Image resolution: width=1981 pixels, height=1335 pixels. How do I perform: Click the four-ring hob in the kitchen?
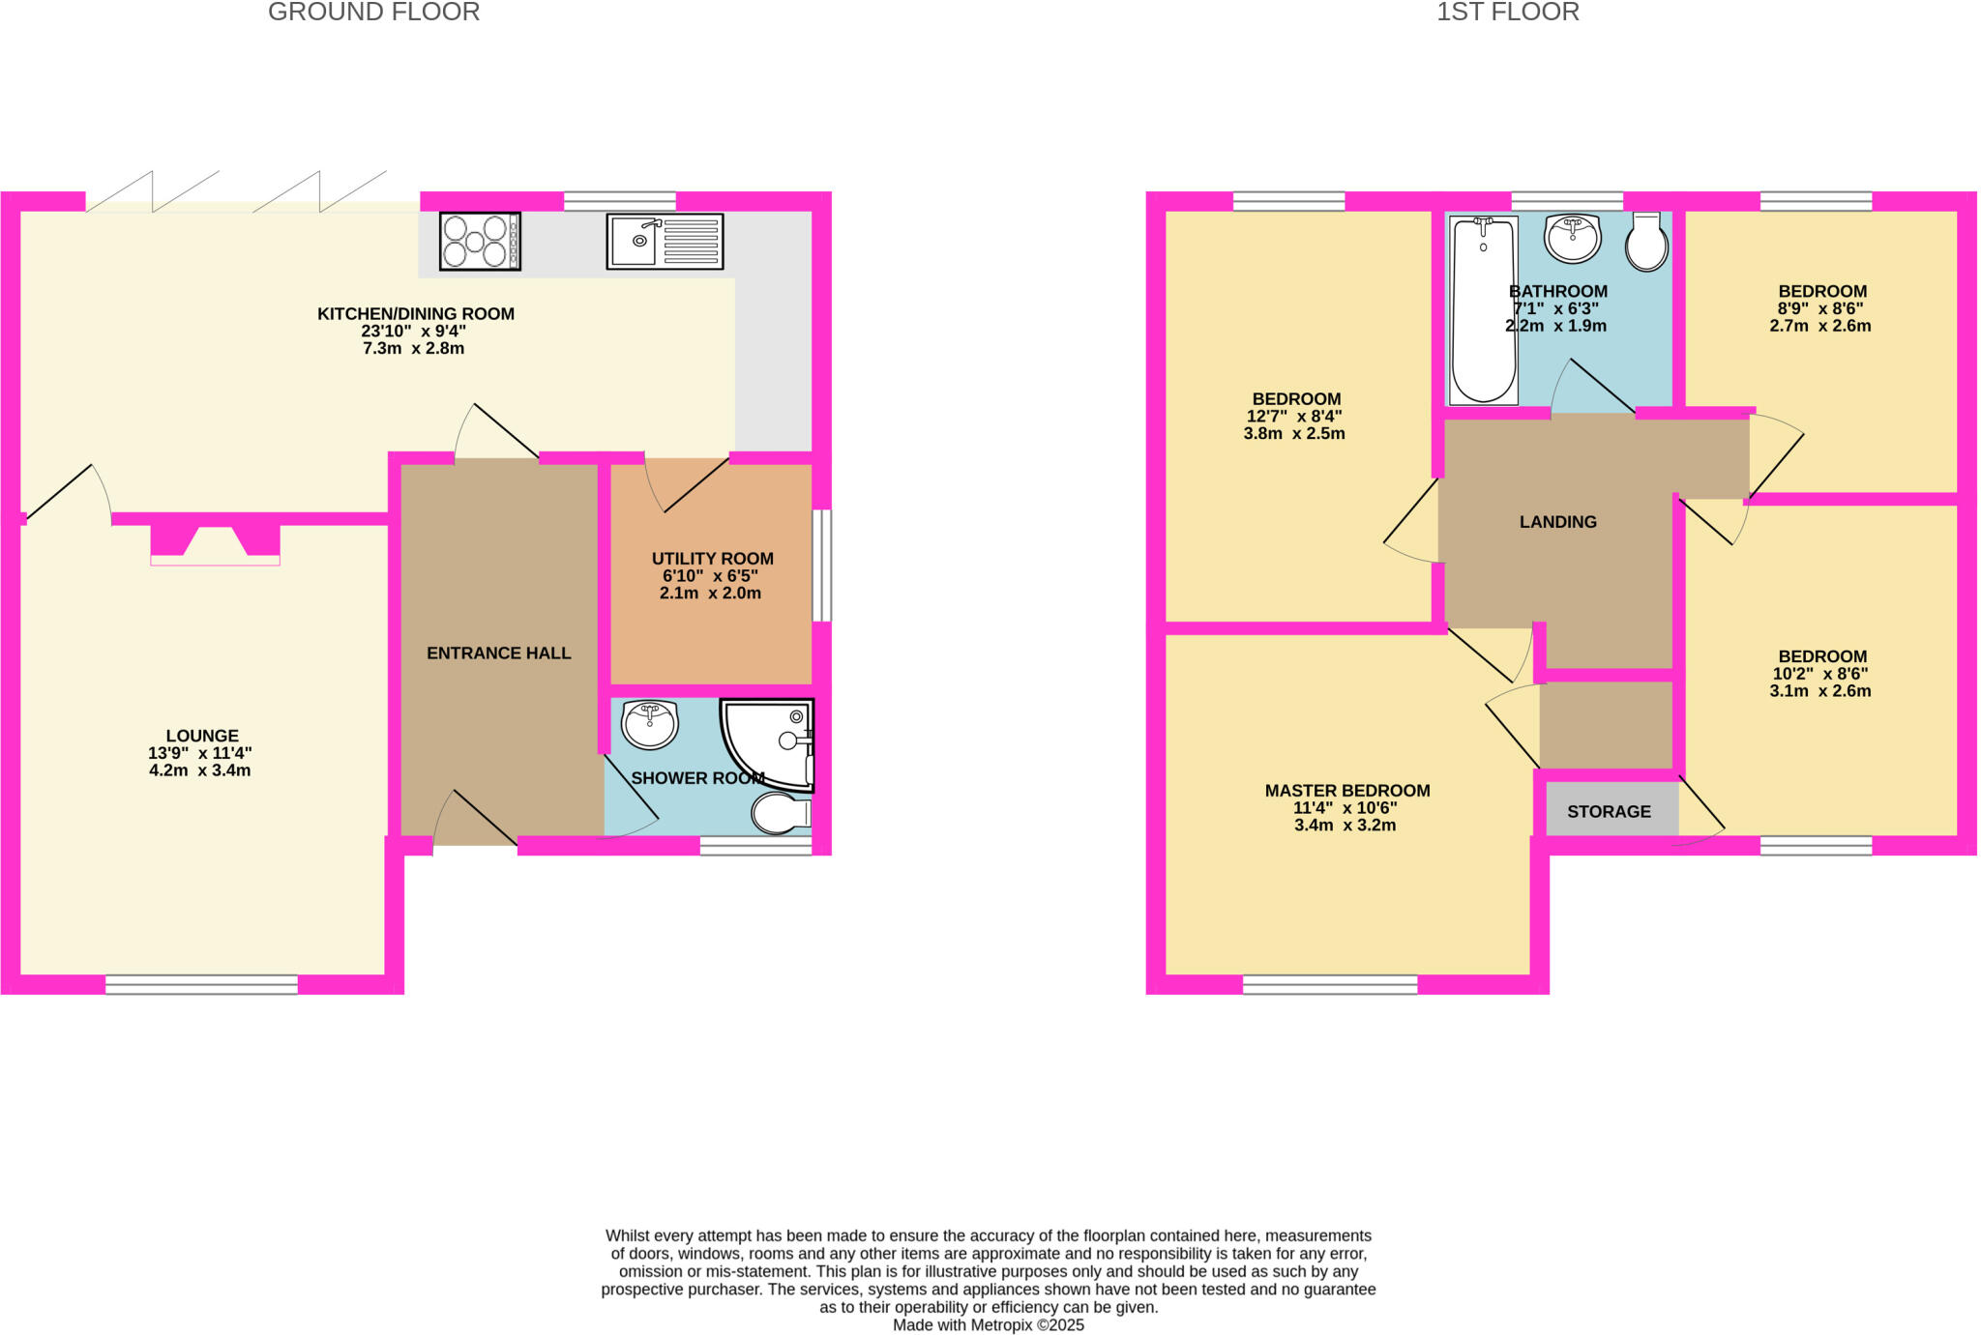point(480,241)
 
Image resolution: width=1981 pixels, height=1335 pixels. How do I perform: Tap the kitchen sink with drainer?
point(665,242)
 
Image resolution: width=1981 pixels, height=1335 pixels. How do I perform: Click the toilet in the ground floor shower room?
point(782,813)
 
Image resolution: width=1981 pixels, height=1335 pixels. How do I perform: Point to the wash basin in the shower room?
point(649,723)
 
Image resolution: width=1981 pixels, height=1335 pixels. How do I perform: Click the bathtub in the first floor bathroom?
point(1483,309)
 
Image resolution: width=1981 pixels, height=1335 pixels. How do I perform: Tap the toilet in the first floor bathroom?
point(1646,242)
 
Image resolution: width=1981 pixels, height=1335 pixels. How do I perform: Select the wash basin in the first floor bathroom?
point(1573,237)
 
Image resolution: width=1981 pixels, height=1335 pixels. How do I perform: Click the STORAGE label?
point(1609,811)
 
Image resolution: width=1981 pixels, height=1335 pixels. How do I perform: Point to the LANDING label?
point(1557,522)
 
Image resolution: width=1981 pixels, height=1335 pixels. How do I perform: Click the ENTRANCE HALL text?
point(498,653)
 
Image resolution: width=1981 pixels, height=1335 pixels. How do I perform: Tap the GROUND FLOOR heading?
point(373,13)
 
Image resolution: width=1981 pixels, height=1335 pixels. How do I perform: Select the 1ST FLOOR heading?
point(1507,13)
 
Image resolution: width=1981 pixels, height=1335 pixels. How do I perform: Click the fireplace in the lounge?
point(215,544)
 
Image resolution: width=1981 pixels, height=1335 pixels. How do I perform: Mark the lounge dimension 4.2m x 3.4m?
point(200,770)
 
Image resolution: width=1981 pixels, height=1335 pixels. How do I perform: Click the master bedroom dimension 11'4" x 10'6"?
point(1345,808)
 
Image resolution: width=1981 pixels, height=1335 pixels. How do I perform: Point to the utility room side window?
point(821,566)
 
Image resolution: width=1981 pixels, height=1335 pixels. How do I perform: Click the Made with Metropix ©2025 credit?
point(988,1325)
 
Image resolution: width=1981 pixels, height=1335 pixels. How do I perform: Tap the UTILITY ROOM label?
point(712,559)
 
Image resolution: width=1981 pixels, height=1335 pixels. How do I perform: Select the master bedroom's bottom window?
point(1330,984)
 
